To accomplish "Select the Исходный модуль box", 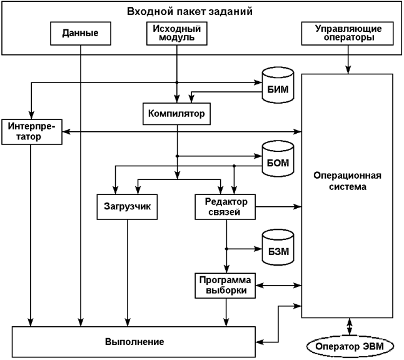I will tap(177, 32).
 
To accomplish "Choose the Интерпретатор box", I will tap(31, 131).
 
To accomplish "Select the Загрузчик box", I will tap(128, 206).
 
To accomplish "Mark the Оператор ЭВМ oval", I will tap(348, 345).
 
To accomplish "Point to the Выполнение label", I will tap(134, 342).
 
